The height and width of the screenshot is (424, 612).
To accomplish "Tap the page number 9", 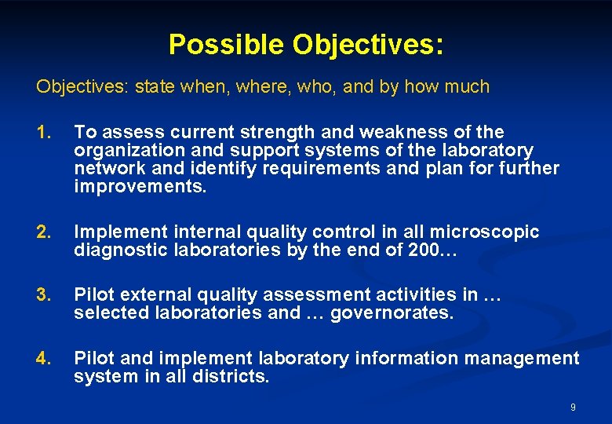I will (x=573, y=407).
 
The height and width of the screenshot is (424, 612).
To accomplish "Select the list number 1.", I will (x=42, y=132).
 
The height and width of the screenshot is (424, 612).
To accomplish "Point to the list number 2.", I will (x=43, y=232).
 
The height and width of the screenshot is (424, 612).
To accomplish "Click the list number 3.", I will (x=43, y=294).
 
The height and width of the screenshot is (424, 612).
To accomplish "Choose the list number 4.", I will (x=43, y=358).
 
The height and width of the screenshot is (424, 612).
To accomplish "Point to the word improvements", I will (x=138, y=186).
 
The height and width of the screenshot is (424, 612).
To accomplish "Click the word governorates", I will (x=392, y=313).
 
